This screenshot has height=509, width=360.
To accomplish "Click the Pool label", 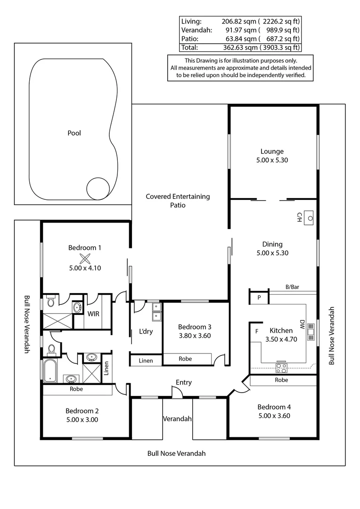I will click(74, 133).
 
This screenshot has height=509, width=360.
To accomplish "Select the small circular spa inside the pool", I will click(98, 189).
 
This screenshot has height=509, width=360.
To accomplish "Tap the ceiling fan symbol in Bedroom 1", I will click(85, 258).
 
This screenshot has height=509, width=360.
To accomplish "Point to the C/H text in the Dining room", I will click(299, 217).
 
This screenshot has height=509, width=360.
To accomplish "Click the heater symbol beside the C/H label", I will click(310, 218).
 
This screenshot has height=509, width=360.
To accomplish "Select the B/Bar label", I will click(293, 287).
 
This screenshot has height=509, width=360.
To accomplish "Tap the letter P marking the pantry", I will click(259, 298).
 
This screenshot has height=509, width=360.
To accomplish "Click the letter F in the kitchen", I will click(257, 331).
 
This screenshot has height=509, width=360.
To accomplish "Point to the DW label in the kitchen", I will click(302, 324).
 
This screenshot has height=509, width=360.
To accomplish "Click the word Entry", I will click(183, 382).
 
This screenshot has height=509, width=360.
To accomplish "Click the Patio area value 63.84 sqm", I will click(240, 39).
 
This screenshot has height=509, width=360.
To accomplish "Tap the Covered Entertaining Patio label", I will click(178, 201).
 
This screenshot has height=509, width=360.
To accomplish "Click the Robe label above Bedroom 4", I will click(281, 380).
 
